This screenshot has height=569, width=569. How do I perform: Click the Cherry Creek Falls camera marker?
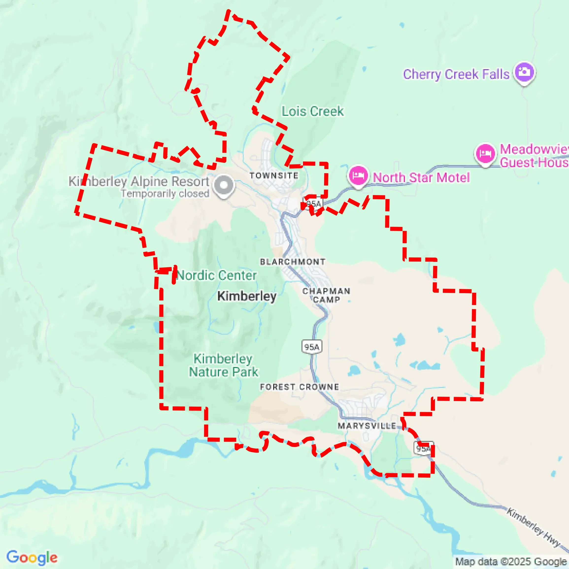(x=524, y=72)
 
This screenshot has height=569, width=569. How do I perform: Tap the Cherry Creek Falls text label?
(x=456, y=74)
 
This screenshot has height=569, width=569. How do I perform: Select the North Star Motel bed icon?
(x=358, y=176)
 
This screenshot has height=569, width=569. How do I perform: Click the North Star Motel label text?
(x=421, y=178)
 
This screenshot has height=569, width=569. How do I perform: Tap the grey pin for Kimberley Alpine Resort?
(x=224, y=185)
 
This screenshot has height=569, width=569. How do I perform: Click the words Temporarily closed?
(x=165, y=194)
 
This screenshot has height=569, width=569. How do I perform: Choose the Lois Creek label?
(x=313, y=111)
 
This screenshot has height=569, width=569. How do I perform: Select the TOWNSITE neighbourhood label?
(x=274, y=176)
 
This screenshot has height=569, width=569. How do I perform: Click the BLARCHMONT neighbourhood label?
(x=293, y=262)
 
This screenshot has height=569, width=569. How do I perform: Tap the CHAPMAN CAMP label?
(x=326, y=295)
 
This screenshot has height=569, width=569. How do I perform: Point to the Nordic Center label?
(x=217, y=275)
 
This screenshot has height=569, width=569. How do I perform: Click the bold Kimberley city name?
(x=247, y=296)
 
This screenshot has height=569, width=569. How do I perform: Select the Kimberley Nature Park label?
(x=224, y=366)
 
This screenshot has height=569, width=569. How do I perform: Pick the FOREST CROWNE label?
(x=299, y=387)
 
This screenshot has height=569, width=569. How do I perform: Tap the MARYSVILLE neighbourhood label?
(x=367, y=426)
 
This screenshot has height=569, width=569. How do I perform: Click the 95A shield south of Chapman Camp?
(x=312, y=347)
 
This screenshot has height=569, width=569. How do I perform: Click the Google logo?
(x=32, y=557)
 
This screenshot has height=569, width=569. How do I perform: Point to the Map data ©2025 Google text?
(x=511, y=562)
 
